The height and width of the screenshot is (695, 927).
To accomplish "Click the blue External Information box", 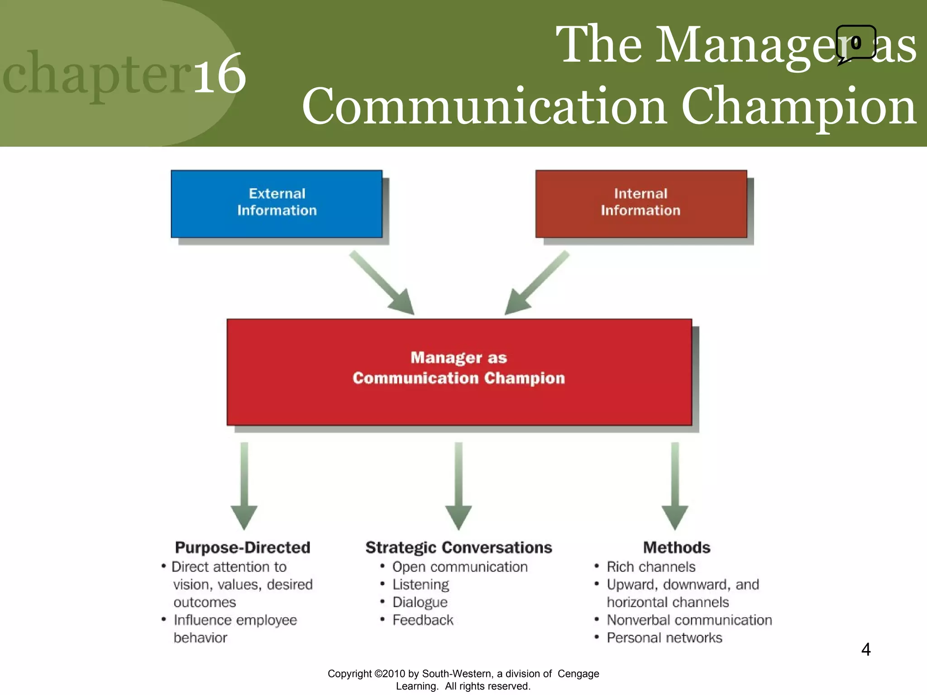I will (277, 204).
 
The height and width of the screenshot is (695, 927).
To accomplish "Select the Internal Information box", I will (640, 204).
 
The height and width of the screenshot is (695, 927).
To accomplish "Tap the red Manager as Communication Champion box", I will (459, 372).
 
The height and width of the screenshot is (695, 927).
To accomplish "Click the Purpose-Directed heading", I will (243, 547).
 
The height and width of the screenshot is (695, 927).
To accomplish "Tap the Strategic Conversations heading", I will (459, 547).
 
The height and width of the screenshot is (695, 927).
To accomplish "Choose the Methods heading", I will (677, 547).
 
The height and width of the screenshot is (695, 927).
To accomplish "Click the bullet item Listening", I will (420, 585).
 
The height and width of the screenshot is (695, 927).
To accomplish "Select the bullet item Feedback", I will (423, 620).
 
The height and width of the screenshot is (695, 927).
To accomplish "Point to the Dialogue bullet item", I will (420, 602).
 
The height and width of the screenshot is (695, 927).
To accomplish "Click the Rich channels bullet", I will (651, 567).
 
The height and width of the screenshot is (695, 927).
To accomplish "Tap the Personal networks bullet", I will (664, 638).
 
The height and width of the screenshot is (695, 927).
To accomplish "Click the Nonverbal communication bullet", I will (689, 620).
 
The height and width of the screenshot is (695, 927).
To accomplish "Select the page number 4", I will (865, 650).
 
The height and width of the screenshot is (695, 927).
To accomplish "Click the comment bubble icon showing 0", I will (855, 43).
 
